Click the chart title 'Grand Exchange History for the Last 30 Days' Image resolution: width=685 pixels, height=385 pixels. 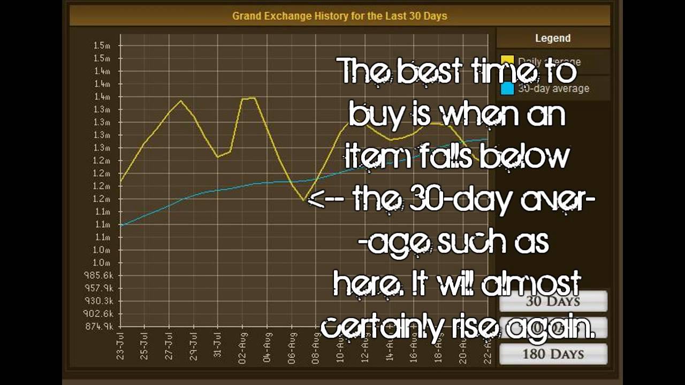[x=339, y=16]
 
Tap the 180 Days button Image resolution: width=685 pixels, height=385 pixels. [x=553, y=354]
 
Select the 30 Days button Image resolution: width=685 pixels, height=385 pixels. [x=553, y=301]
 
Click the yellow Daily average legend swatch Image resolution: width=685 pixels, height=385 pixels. [x=507, y=61]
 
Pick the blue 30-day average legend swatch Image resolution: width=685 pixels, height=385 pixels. [x=507, y=89]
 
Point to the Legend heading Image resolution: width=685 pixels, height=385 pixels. [x=553, y=38]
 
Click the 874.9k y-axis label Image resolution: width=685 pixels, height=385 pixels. [x=100, y=327]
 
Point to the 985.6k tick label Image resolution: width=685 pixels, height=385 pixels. [x=100, y=275]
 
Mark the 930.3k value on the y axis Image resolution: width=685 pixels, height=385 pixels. [x=100, y=301]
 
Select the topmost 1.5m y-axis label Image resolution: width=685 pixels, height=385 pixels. [x=102, y=45]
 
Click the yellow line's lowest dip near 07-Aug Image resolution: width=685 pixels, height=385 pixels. [x=304, y=201]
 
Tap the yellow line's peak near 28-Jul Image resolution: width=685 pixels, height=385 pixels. [x=181, y=101]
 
